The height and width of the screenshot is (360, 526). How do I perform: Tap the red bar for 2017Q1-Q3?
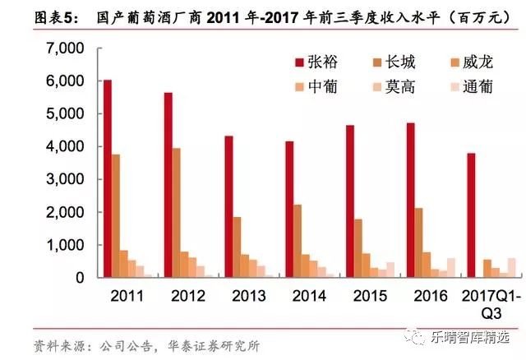click(x=472, y=215)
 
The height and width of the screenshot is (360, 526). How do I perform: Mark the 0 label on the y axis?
click(x=80, y=278)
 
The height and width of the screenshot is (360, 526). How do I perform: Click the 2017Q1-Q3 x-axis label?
click(x=482, y=302)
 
